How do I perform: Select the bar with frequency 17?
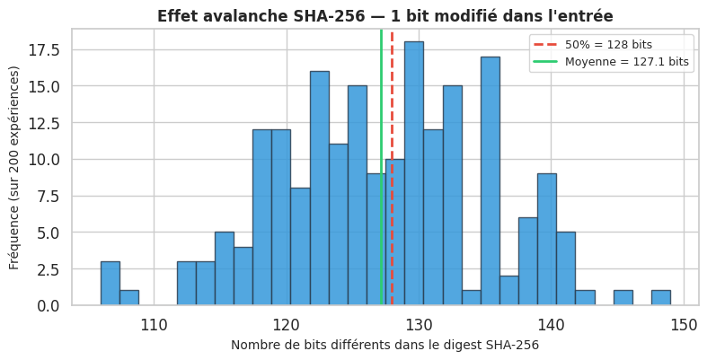point(490,180)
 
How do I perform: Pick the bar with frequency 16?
point(319,188)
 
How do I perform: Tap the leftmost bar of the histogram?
point(110,284)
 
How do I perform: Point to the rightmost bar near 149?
point(661,298)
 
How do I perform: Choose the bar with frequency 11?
point(338,224)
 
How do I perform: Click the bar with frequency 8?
point(300,247)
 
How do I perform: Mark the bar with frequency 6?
point(528,261)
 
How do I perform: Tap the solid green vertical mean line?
point(381,90)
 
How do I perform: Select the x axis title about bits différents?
point(384,345)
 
